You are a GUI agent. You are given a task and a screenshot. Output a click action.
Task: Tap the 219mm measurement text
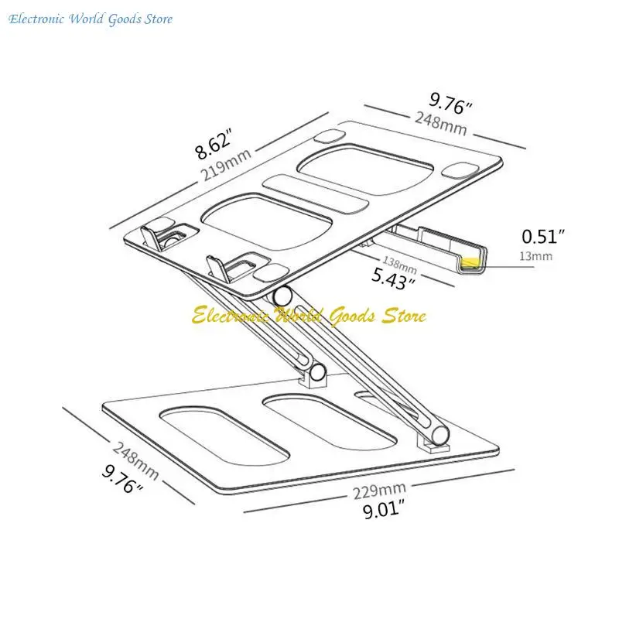(x=226, y=164)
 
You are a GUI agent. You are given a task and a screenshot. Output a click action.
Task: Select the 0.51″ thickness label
(x=543, y=236)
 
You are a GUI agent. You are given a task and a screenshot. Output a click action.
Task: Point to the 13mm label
(x=535, y=256)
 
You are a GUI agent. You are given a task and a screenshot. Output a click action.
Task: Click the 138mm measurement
(x=399, y=264)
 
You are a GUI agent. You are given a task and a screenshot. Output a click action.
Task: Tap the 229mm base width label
(x=379, y=491)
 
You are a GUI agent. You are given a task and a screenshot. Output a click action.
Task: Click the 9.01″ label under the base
(x=384, y=510)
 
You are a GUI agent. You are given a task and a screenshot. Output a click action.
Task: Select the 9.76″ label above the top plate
(x=450, y=103)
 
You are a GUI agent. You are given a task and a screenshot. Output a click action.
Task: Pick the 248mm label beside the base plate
(x=135, y=460)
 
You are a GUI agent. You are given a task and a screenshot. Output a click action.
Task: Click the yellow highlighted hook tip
(x=470, y=262)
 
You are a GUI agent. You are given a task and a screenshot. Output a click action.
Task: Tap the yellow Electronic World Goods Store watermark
(x=309, y=316)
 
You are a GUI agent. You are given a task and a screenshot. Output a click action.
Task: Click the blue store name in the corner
(x=91, y=19)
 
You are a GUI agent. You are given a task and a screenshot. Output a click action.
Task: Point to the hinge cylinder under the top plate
(x=282, y=296)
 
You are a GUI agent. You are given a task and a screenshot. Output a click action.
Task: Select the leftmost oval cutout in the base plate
(x=224, y=436)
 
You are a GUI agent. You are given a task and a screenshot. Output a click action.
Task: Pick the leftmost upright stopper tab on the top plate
(x=152, y=238)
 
